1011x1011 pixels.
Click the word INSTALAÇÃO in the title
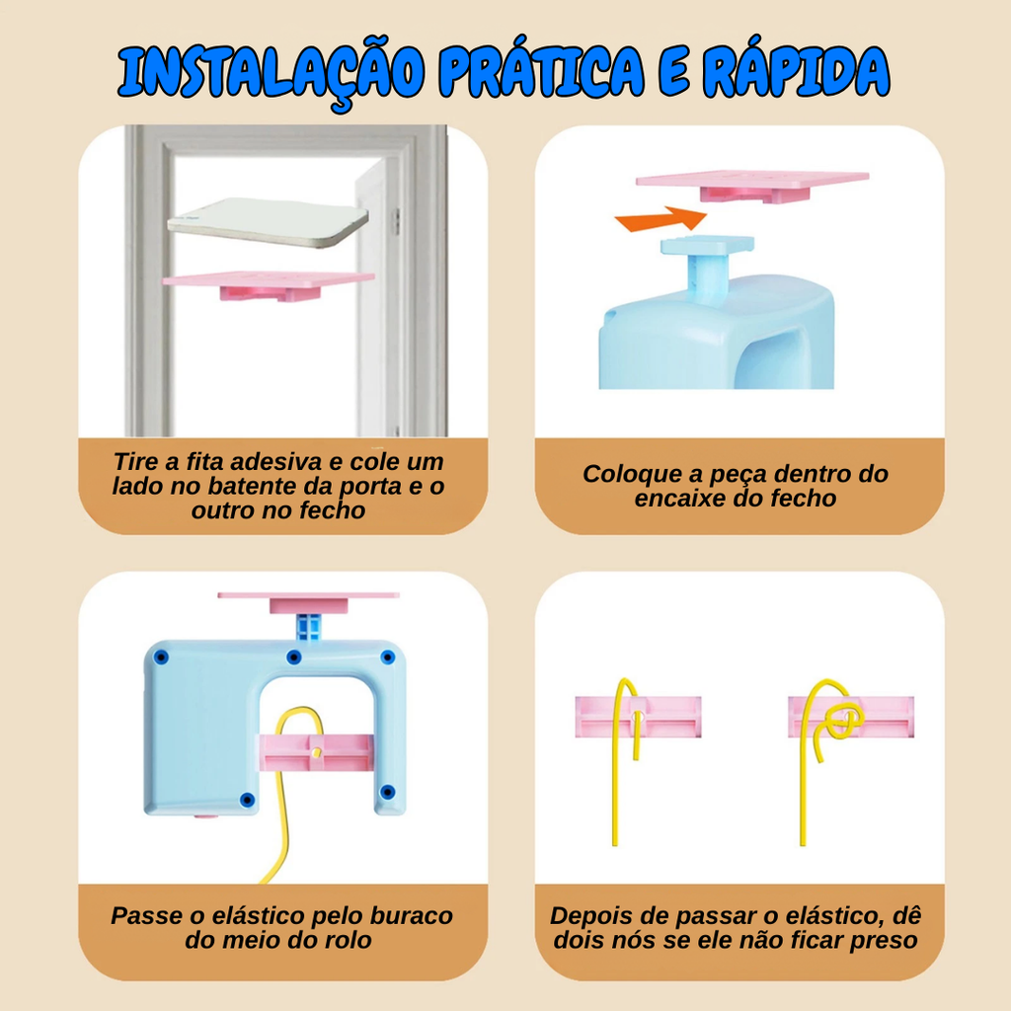tap(272, 73)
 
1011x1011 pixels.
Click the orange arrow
tap(661, 219)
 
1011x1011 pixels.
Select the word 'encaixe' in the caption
tap(675, 499)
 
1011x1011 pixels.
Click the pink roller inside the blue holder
tap(316, 752)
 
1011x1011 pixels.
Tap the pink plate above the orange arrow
tap(751, 185)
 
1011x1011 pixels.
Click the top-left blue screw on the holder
tap(161, 658)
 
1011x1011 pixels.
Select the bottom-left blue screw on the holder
tap(247, 800)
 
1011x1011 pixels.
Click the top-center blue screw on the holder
tap(294, 658)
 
